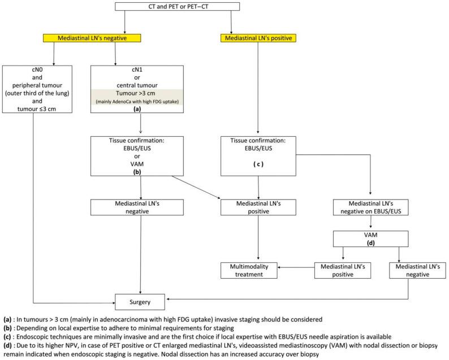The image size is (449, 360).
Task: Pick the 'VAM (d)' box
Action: click(370, 238)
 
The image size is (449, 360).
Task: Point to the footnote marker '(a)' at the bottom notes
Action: click(9, 318)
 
